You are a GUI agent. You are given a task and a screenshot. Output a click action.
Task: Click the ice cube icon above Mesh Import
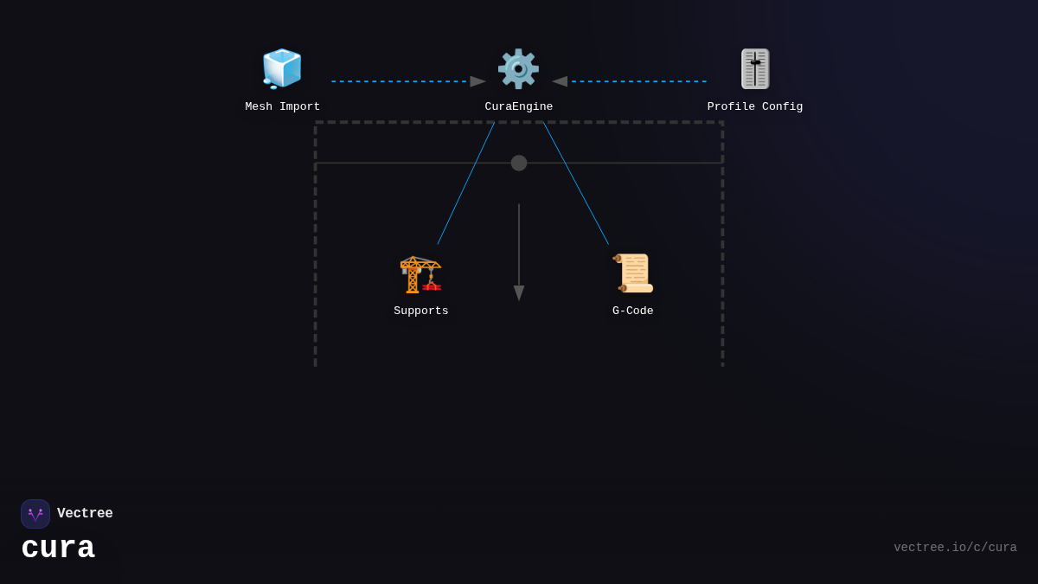(282, 68)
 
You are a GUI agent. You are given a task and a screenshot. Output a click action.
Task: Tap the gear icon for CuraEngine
(518, 68)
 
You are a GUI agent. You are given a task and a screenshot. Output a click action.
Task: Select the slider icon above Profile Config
(755, 68)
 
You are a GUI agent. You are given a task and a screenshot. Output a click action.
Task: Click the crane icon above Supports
(420, 273)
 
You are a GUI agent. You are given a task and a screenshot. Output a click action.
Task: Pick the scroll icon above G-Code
(633, 273)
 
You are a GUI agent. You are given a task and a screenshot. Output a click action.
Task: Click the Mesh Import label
(283, 107)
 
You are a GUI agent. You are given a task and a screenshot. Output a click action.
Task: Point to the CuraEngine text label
(519, 107)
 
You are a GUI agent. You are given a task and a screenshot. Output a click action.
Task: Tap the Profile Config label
(755, 107)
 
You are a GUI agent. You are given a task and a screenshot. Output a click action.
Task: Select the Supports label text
(421, 311)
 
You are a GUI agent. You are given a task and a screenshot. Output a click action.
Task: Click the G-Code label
(633, 311)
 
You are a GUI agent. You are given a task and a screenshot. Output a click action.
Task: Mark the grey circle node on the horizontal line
(519, 163)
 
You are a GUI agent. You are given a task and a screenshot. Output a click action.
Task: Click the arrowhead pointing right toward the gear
(477, 81)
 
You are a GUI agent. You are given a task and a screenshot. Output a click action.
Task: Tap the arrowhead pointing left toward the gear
(560, 81)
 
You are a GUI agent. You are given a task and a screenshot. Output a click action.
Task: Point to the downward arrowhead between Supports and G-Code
(519, 292)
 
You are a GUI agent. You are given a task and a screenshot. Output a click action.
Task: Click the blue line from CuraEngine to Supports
(465, 183)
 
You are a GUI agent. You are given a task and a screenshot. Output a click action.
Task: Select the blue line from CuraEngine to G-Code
(576, 183)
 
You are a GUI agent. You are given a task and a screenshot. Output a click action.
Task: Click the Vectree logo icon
(35, 514)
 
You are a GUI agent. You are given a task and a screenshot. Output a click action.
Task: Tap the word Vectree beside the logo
(85, 514)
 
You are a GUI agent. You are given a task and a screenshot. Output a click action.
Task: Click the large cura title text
(58, 549)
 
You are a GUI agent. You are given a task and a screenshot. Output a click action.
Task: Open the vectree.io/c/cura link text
(955, 548)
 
